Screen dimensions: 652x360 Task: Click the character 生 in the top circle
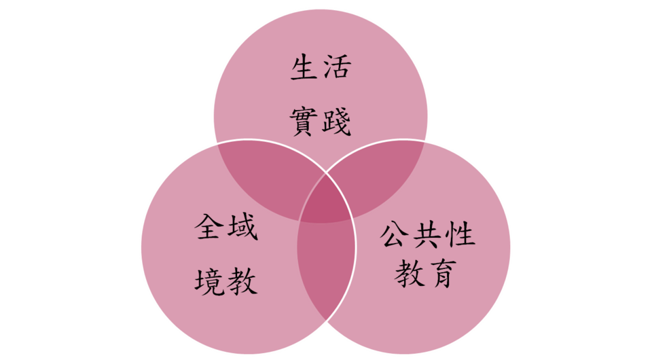coord(304,67)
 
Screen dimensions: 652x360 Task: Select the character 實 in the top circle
coord(304,122)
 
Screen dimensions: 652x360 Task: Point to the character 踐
coord(337,122)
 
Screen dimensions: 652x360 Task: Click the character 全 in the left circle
coord(209,227)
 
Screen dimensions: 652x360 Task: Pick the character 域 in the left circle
coord(243,227)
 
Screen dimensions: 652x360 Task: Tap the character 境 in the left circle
coord(209,281)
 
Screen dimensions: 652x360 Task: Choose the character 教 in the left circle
coord(243,281)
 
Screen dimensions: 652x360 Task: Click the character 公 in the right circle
coord(393,234)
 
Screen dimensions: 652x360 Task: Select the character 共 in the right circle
coord(427,234)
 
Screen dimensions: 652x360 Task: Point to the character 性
coord(460,234)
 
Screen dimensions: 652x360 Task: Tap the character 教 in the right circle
coord(410,273)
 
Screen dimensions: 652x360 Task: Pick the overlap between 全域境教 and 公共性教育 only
coord(327,266)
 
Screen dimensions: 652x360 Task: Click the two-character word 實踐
coord(321,122)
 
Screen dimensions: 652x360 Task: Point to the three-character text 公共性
coord(427,234)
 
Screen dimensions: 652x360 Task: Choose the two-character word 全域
coord(226,227)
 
